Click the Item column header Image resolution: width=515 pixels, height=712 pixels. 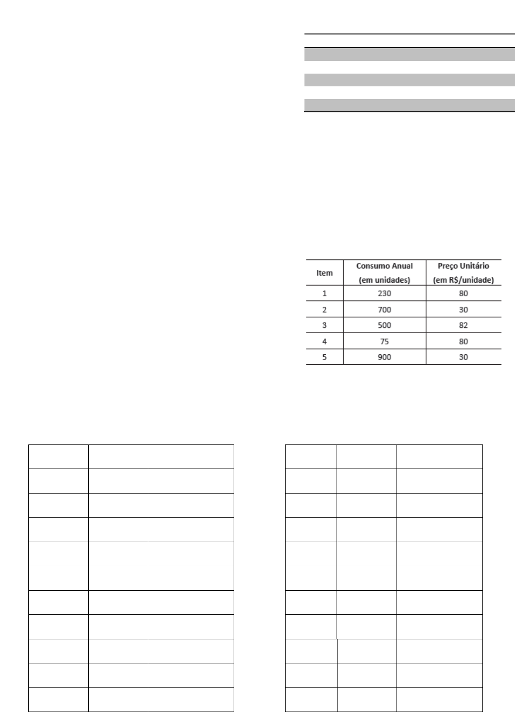325,273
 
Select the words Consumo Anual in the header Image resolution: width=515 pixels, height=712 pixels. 384,266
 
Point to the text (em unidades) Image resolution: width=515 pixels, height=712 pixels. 384,280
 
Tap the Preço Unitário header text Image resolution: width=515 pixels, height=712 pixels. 463,266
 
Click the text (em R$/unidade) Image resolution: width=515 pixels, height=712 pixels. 463,280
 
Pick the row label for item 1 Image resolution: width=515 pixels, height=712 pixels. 324,293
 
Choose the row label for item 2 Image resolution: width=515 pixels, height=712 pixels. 324,310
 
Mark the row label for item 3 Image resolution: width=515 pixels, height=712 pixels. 324,326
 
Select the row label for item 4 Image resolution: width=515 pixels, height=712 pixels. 324,341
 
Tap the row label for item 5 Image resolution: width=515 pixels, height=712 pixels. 324,357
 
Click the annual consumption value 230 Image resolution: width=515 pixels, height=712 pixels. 384,293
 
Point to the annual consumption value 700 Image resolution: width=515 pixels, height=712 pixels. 384,310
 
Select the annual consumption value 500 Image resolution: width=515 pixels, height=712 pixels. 384,326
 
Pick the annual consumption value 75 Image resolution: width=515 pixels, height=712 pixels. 384,341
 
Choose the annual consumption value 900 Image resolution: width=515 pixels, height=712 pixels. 384,357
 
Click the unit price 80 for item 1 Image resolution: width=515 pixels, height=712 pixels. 464,293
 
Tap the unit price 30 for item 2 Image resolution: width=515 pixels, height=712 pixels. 464,310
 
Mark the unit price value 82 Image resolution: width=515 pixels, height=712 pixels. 464,326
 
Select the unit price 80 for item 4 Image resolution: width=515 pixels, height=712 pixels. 464,341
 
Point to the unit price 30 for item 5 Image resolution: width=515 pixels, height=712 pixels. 464,357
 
